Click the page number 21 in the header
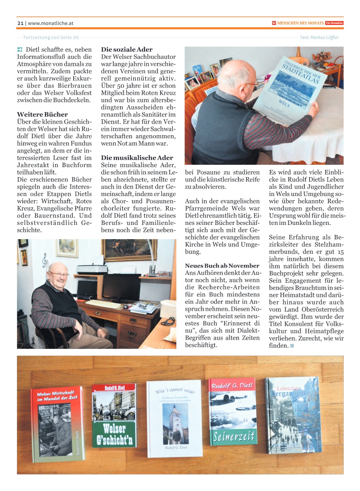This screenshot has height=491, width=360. point(20,23)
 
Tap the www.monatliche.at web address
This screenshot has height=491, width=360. point(50,23)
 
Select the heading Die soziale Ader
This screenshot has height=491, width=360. point(127,50)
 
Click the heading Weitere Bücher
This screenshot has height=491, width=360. point(42,114)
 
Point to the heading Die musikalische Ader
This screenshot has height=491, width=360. point(137,158)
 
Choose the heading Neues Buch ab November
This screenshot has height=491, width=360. point(222,266)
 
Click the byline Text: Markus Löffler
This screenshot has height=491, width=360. point(319,37)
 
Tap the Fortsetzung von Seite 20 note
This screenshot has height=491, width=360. point(51,37)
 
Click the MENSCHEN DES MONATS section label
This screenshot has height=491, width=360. point(300,23)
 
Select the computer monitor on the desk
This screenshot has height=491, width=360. point(121,287)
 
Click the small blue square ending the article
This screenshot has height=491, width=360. point(292,346)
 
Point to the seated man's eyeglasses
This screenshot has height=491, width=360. point(59,274)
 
